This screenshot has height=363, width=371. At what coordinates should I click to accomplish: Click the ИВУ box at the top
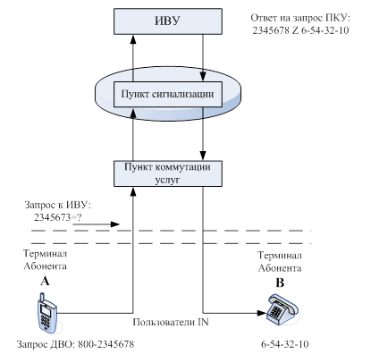pyautogui.click(x=168, y=21)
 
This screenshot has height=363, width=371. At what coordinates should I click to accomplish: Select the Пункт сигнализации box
pyautogui.click(x=168, y=94)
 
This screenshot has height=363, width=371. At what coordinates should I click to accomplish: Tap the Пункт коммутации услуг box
pyautogui.click(x=168, y=173)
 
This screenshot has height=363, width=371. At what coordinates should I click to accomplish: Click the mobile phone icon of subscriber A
pyautogui.click(x=46, y=313)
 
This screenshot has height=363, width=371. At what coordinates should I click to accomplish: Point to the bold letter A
pyautogui.click(x=45, y=281)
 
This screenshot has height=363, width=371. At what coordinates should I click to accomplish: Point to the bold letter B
pyautogui.click(x=280, y=283)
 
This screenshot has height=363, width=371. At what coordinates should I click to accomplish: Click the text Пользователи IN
pyautogui.click(x=171, y=322)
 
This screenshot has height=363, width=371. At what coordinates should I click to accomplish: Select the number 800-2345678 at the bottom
pyautogui.click(x=106, y=344)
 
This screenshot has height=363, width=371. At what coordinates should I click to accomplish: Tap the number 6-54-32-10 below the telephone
pyautogui.click(x=285, y=344)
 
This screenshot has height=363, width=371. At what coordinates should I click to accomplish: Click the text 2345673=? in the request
pyautogui.click(x=57, y=217)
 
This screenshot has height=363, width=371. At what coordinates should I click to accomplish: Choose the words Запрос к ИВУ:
pyautogui.click(x=57, y=205)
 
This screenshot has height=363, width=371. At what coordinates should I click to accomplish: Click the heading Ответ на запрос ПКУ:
pyautogui.click(x=300, y=18)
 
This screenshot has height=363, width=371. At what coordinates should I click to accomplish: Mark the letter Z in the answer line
pyautogui.click(x=295, y=30)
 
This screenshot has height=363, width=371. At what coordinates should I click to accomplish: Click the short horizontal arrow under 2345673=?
pyautogui.click(x=96, y=224)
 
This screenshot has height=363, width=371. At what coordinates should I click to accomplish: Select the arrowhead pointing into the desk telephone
pyautogui.click(x=261, y=313)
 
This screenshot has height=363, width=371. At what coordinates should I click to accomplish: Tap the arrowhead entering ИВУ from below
pyautogui.click(x=133, y=39)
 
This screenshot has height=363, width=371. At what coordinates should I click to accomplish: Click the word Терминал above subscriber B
pyautogui.click(x=280, y=256)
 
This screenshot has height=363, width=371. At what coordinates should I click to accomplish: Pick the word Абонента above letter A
pyautogui.click(x=45, y=266)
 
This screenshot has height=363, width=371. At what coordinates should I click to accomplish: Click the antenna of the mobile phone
pyautogui.click(x=42, y=298)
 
